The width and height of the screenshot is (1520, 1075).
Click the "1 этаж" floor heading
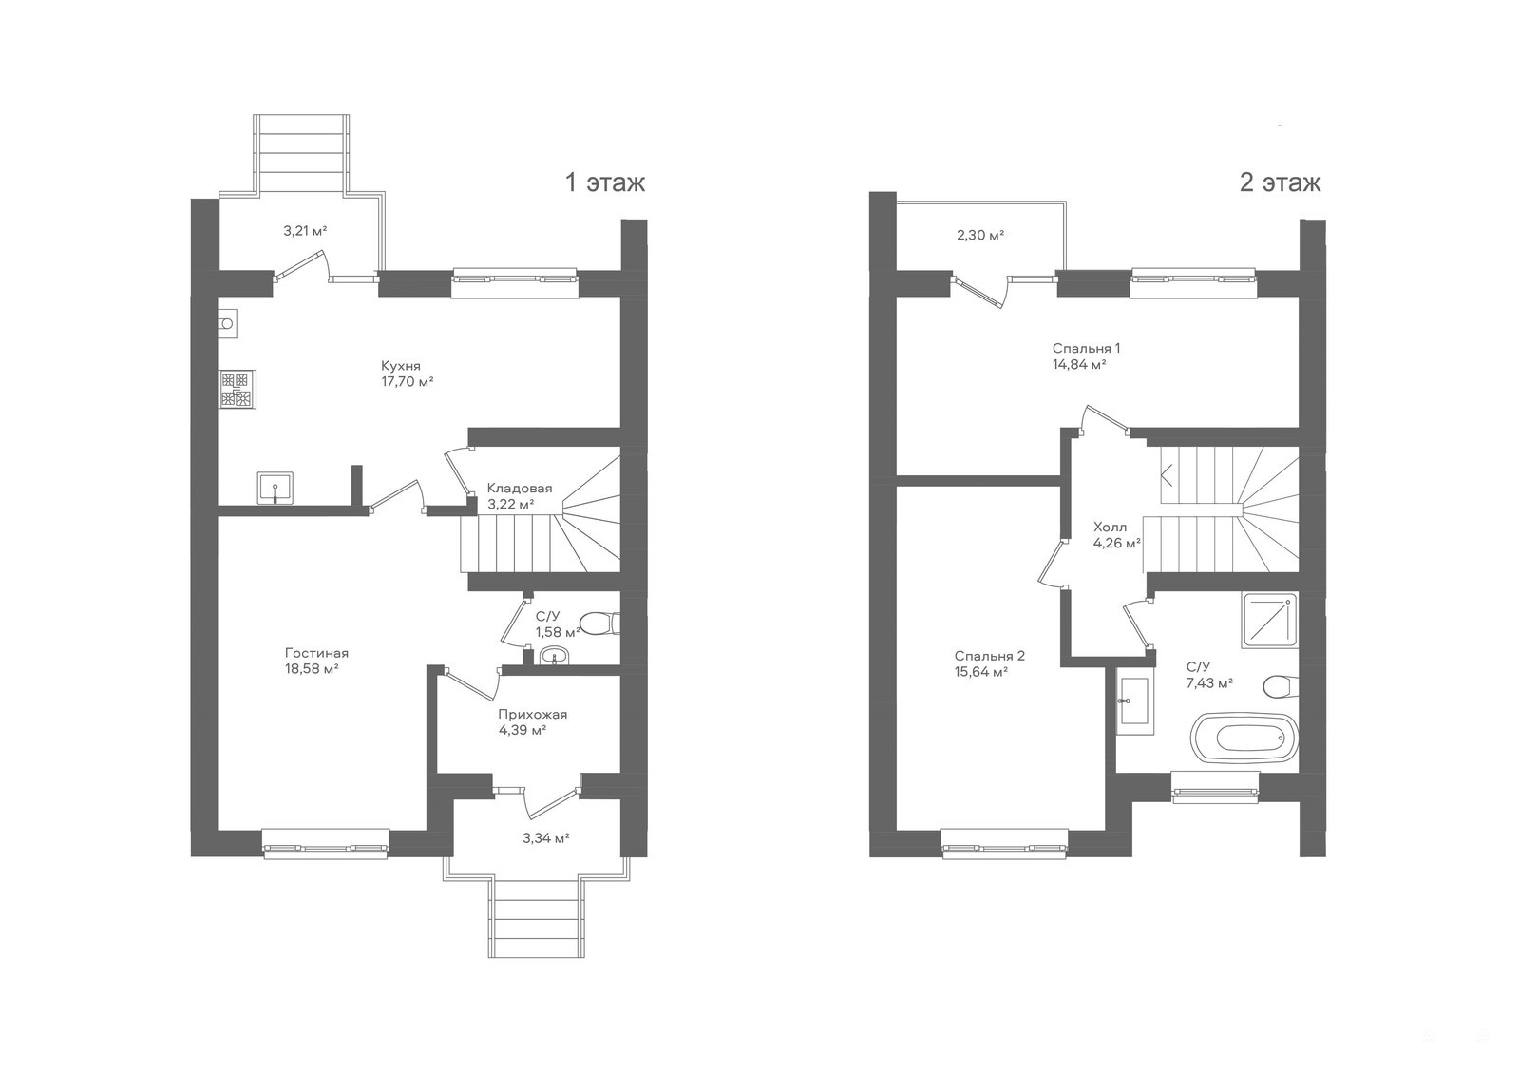point(604,182)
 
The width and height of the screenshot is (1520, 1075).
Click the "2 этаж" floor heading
point(1280,182)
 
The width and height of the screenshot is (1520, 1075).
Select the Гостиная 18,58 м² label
point(316,661)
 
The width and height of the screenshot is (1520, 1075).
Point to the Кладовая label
point(520,489)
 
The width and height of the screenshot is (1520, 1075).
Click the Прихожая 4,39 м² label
point(532,721)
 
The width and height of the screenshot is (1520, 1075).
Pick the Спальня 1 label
point(1087,349)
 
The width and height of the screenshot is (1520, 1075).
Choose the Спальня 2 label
point(989,656)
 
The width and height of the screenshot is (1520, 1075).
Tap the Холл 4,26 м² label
point(1116,534)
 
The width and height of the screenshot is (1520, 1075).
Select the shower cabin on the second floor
point(1269,620)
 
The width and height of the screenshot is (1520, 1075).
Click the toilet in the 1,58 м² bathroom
point(599,623)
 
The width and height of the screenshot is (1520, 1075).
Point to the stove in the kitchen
point(237,389)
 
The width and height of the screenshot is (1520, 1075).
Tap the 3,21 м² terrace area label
point(305,231)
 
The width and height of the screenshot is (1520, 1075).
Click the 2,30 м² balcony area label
point(980,236)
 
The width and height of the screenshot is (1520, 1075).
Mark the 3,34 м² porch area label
point(545,838)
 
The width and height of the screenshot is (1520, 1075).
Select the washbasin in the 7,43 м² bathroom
point(1134,705)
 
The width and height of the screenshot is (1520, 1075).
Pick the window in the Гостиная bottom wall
point(326,844)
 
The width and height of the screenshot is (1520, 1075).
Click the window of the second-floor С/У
point(1215,788)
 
